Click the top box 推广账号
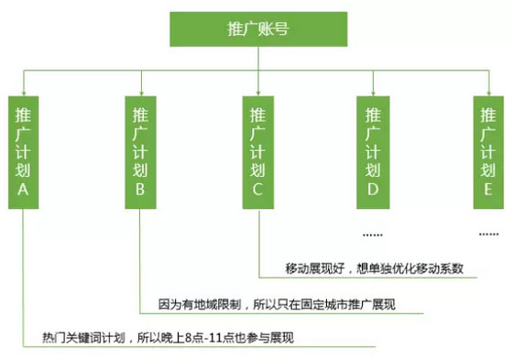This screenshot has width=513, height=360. point(257,29)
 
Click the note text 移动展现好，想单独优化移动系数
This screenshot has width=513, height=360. point(374,269)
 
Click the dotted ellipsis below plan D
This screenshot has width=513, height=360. point(373,229)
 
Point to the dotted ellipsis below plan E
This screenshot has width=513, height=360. point(488,229)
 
